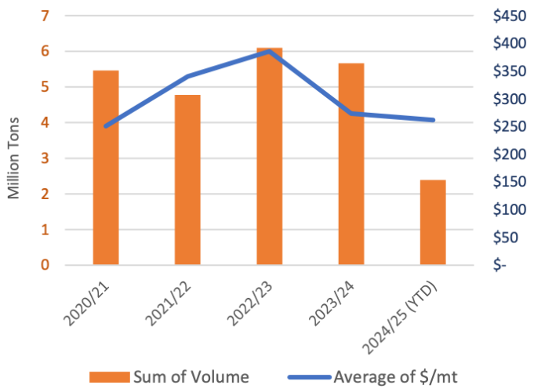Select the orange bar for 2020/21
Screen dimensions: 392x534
(x=106, y=168)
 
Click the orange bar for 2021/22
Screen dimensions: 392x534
(x=187, y=180)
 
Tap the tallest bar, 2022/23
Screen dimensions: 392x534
(x=269, y=157)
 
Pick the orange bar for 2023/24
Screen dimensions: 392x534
(x=351, y=164)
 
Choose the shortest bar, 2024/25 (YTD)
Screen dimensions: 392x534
(x=433, y=223)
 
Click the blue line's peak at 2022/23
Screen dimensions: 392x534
(x=269, y=51)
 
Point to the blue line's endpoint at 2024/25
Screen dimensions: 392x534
(x=433, y=120)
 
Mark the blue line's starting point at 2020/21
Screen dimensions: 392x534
(x=106, y=125)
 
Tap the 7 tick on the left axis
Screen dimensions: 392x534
(x=46, y=16)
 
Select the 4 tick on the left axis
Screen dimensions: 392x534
(x=46, y=123)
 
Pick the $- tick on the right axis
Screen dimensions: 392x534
(x=500, y=265)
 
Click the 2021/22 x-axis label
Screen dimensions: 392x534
(x=174, y=302)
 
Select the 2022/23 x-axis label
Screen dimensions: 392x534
(x=256, y=302)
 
